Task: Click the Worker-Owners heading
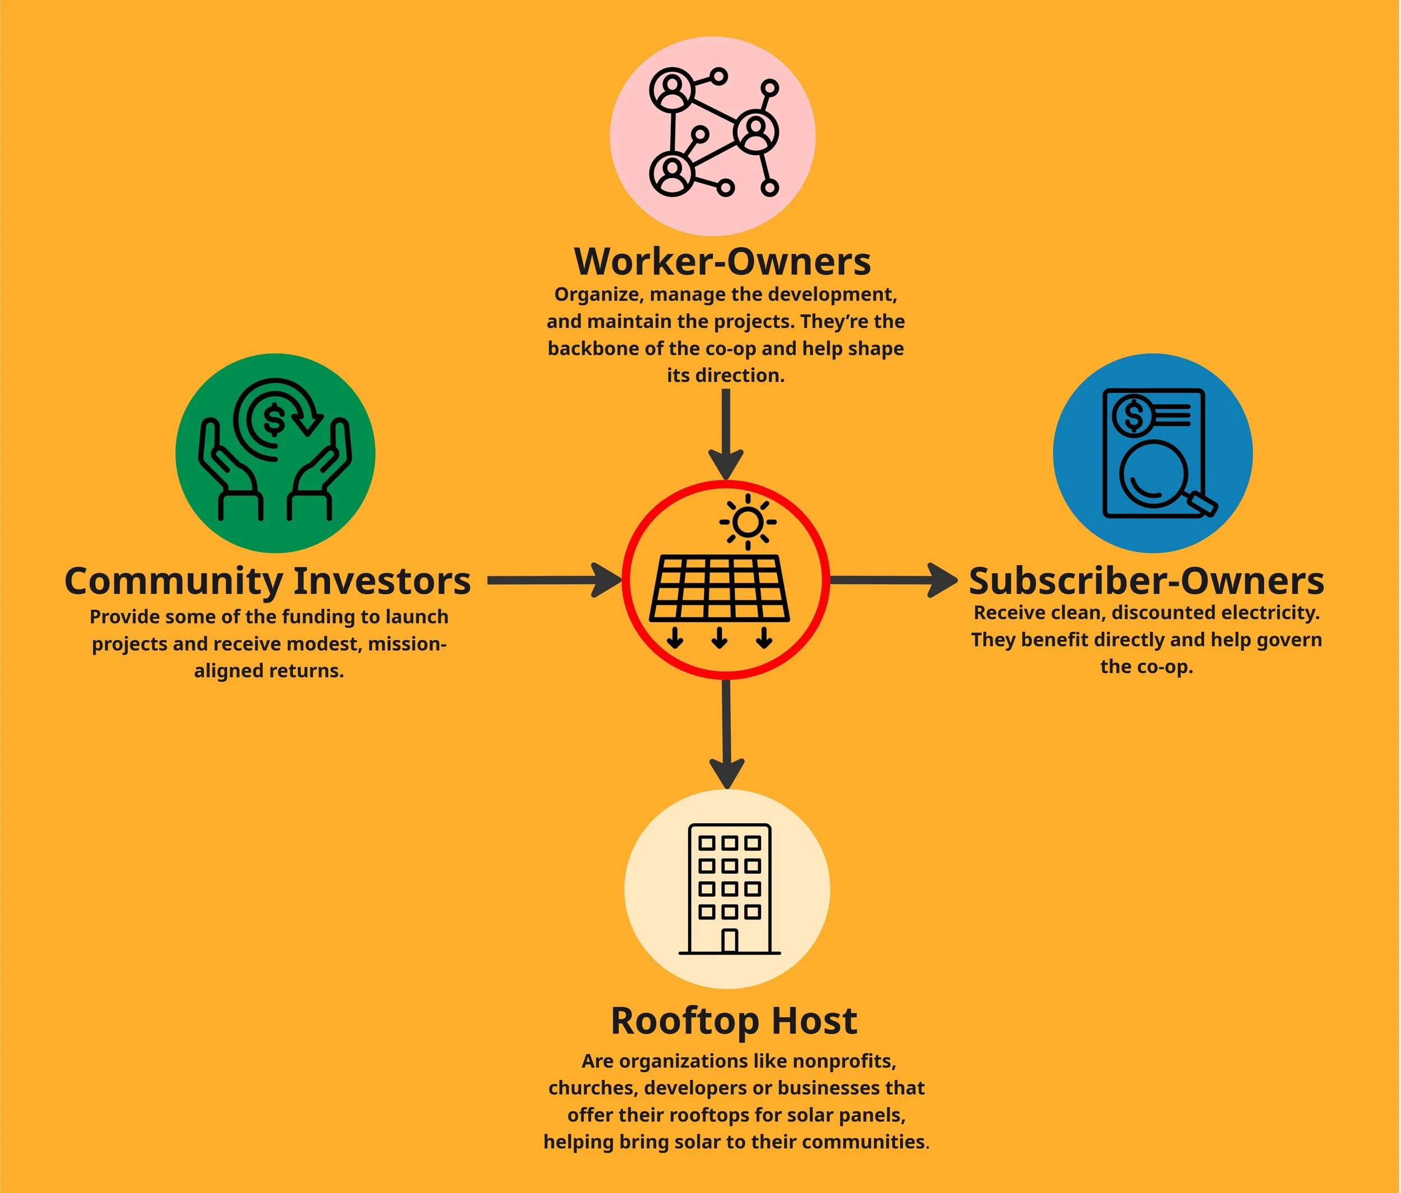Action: [x=722, y=262]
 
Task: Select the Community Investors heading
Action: [x=268, y=581]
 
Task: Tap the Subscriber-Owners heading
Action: [x=1146, y=581]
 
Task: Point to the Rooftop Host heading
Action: [x=734, y=1020]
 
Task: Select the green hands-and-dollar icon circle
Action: [x=275, y=453]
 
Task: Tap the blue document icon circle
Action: [x=1152, y=453]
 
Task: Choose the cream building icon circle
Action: [x=727, y=889]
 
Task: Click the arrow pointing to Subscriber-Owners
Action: [x=893, y=580]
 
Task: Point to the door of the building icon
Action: [x=729, y=941]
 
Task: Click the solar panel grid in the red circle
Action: [x=719, y=588]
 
